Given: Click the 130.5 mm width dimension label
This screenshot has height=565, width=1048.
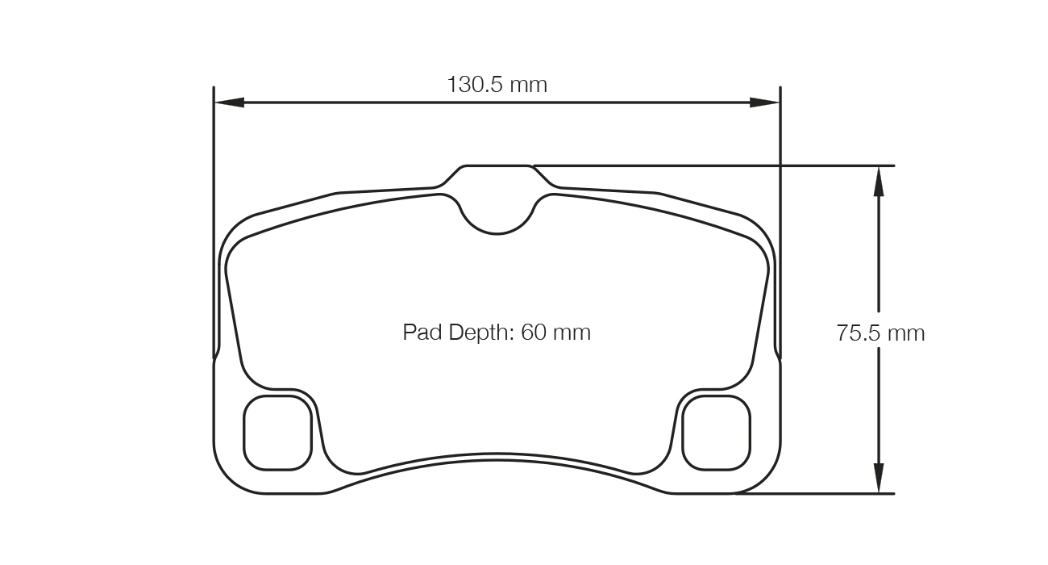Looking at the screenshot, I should [497, 84].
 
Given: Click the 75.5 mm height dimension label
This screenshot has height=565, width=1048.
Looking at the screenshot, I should [880, 333].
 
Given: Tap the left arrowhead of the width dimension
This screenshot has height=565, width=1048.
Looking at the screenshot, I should [229, 103].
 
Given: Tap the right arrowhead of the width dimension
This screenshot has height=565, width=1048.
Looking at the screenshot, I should [764, 103].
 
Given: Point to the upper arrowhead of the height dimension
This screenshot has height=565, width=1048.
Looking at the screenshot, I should [878, 181].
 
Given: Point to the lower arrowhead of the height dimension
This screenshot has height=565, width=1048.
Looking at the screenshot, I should [878, 477].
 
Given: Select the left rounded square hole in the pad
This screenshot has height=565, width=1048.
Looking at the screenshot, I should [277, 433].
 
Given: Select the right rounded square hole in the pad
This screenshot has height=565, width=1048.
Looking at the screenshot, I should [716, 433].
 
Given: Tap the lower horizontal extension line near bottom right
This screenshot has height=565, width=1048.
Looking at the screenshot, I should [814, 493].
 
